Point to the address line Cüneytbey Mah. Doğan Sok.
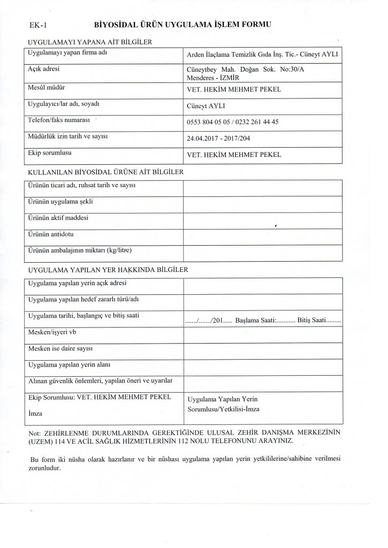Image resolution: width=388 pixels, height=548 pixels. point(251,70)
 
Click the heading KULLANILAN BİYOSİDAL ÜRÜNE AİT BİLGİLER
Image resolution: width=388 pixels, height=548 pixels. point(105,172)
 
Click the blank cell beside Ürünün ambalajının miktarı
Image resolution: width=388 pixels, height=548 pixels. point(262,252)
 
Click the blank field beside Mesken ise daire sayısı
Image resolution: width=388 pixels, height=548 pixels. point(262,351)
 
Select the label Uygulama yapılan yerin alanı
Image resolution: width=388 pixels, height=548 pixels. point(69,365)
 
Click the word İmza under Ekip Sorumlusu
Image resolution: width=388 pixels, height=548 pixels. point(35,414)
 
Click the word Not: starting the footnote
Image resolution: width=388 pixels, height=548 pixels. point(33,431)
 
